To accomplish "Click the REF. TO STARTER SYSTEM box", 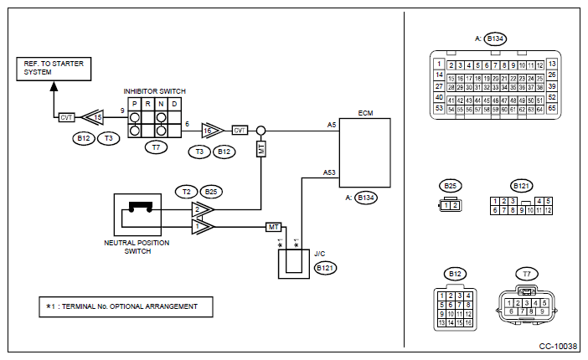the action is pyautogui.click(x=54, y=69).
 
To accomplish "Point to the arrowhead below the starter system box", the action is pyautogui.click(x=54, y=86).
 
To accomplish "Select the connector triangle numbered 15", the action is pyautogui.click(x=93, y=117).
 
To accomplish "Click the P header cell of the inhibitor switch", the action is pyautogui.click(x=135, y=105).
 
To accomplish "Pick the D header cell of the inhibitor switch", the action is pyautogui.click(x=174, y=105).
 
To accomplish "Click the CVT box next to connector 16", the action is pyautogui.click(x=240, y=131).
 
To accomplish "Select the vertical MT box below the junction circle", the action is pyautogui.click(x=261, y=149).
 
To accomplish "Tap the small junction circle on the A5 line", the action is pyautogui.click(x=261, y=131).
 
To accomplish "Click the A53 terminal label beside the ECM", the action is pyautogui.click(x=329, y=172).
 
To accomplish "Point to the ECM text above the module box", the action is pyautogui.click(x=365, y=113).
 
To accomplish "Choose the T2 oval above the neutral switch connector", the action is pyautogui.click(x=187, y=192).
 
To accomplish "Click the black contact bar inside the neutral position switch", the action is pyautogui.click(x=141, y=206).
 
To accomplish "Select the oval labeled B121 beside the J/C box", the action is pyautogui.click(x=325, y=268).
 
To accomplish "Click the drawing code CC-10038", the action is pyautogui.click(x=558, y=346).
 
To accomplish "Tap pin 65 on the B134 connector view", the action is pyautogui.click(x=552, y=108).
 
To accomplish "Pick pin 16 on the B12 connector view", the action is pyautogui.click(x=468, y=322).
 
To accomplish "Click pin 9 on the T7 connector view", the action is pyautogui.click(x=542, y=311).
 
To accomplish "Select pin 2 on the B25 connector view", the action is pyautogui.click(x=455, y=205).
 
